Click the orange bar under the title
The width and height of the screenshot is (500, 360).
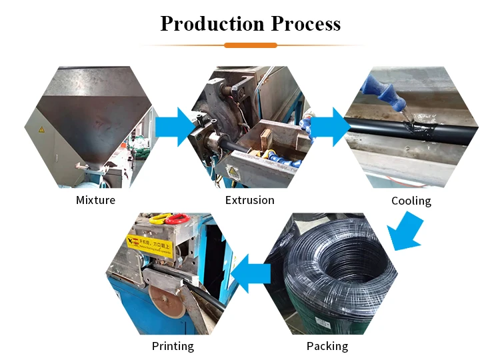click(250, 45)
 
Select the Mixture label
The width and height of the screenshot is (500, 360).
click(95, 200)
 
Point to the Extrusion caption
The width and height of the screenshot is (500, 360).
click(249, 200)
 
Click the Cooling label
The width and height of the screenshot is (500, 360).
click(411, 201)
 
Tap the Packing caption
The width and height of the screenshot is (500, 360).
click(327, 346)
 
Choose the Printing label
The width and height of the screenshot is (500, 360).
click(173, 346)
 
